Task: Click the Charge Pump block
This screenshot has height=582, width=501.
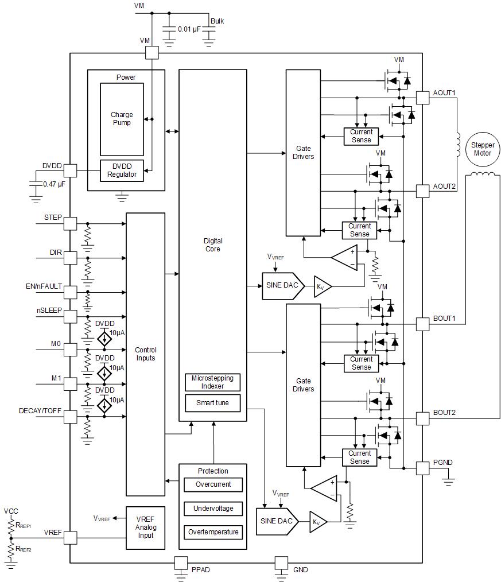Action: [x=121, y=119]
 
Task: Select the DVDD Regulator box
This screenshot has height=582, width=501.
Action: [x=122, y=170]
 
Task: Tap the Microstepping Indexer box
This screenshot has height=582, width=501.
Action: [x=212, y=382]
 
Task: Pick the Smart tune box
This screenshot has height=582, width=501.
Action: [x=212, y=403]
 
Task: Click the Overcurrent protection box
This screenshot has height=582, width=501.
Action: [x=213, y=484]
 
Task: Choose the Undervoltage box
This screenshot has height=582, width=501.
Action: [x=213, y=509]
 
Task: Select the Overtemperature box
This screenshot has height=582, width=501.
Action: [x=213, y=532]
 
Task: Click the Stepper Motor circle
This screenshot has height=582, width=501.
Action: [x=483, y=149]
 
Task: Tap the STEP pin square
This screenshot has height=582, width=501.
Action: [x=70, y=224]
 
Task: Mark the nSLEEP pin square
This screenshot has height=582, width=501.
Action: [x=70, y=316]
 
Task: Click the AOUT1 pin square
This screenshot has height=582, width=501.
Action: [x=422, y=98]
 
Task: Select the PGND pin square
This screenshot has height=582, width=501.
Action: [x=422, y=468]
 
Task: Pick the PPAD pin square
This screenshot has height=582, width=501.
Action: [x=181, y=563]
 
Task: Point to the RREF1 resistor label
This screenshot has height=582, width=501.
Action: [x=24, y=525]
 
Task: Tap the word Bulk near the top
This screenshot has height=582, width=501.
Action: [x=217, y=21]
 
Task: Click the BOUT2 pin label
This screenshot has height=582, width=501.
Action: [x=444, y=413]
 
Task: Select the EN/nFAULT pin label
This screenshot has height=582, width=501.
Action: [x=44, y=286]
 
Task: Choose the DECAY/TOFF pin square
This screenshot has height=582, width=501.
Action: [x=70, y=417]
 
